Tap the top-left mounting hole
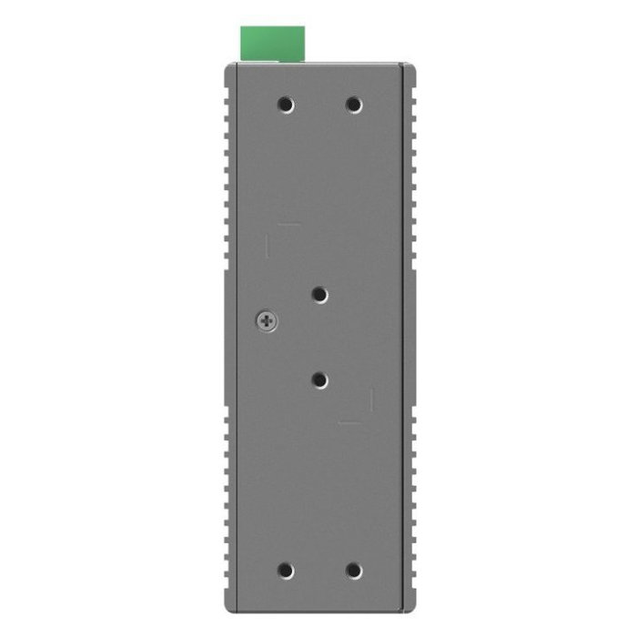(x=286, y=105)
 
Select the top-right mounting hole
(x=354, y=105)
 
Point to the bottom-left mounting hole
(x=286, y=571)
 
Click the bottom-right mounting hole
(x=354, y=571)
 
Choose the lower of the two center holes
(x=319, y=379)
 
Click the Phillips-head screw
(x=267, y=320)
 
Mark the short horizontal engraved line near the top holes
(x=288, y=224)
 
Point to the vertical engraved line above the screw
(x=268, y=246)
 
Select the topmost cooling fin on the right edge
(x=416, y=81)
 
